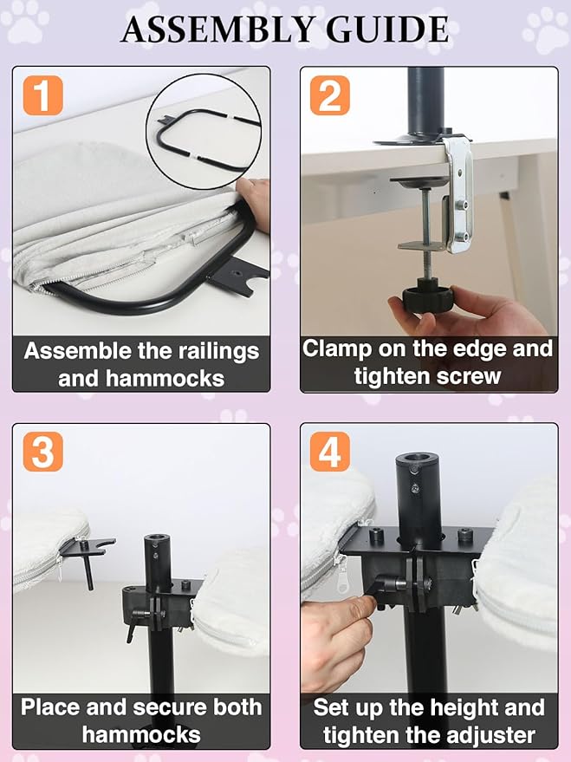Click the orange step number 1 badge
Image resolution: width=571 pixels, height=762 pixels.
click(43, 95)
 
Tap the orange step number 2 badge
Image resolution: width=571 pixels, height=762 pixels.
click(330, 95)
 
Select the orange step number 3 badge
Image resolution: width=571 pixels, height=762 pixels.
click(43, 452)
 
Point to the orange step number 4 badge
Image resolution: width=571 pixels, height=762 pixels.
click(330, 452)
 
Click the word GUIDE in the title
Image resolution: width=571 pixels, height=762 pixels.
click(387, 29)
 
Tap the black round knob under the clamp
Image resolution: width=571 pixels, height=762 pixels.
click(428, 296)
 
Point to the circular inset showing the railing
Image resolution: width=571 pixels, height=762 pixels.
click(204, 131)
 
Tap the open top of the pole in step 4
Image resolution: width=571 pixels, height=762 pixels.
click(419, 459)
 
